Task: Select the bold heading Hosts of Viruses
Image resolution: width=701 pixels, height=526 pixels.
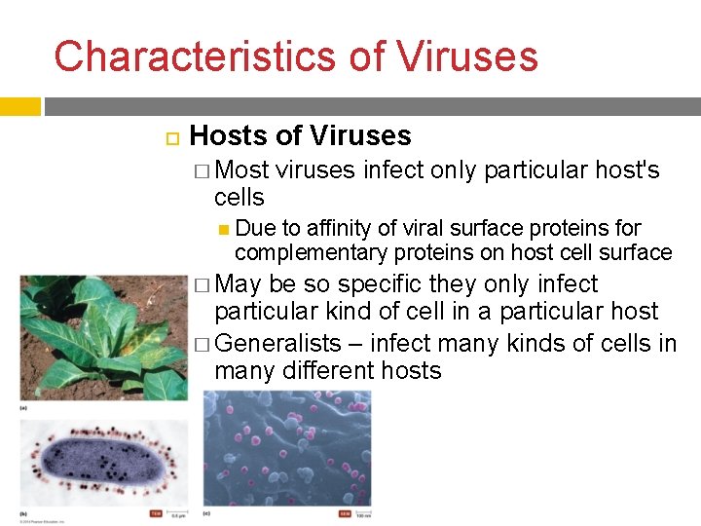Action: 300,136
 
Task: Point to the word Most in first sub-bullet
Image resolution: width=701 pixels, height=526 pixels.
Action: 242,170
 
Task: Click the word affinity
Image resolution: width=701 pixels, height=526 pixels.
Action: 341,228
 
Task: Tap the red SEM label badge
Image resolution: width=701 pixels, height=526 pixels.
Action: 345,513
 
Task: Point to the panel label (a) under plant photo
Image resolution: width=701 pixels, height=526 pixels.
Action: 25,408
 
